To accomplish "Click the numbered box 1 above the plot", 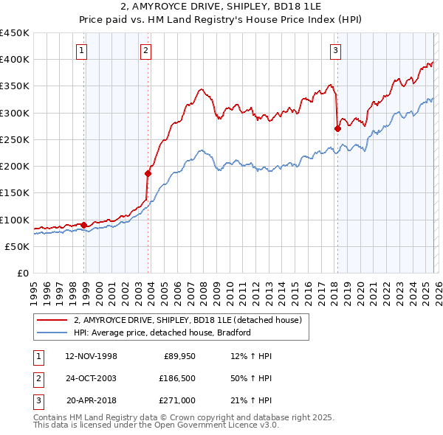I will click(x=80, y=51).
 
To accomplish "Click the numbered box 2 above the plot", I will click(x=145, y=51).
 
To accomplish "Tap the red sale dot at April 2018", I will click(x=337, y=128).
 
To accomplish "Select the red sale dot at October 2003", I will click(x=148, y=173).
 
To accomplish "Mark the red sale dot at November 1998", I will click(x=83, y=225).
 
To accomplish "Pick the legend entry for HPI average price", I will click(x=162, y=333).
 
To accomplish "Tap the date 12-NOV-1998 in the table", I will click(x=91, y=357).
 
